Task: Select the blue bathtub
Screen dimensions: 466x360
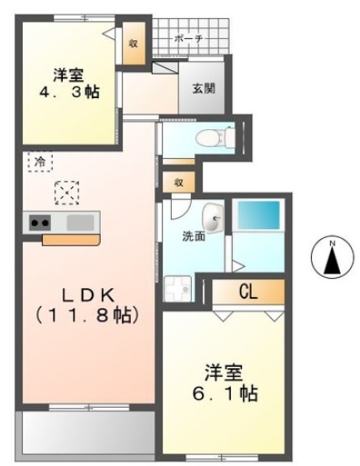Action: coord(259,217)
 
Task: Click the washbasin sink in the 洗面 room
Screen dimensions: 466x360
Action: coord(214,216)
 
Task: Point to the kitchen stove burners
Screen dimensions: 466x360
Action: coord(40,221)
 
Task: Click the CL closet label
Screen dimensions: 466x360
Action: coord(249,292)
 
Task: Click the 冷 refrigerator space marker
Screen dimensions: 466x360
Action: coord(40,161)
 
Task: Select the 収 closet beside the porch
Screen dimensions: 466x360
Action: coord(133,43)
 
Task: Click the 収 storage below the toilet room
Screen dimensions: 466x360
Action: coord(179,182)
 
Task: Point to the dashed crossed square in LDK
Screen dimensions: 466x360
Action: coord(66,192)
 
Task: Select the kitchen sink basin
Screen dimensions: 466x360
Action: coord(80,221)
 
